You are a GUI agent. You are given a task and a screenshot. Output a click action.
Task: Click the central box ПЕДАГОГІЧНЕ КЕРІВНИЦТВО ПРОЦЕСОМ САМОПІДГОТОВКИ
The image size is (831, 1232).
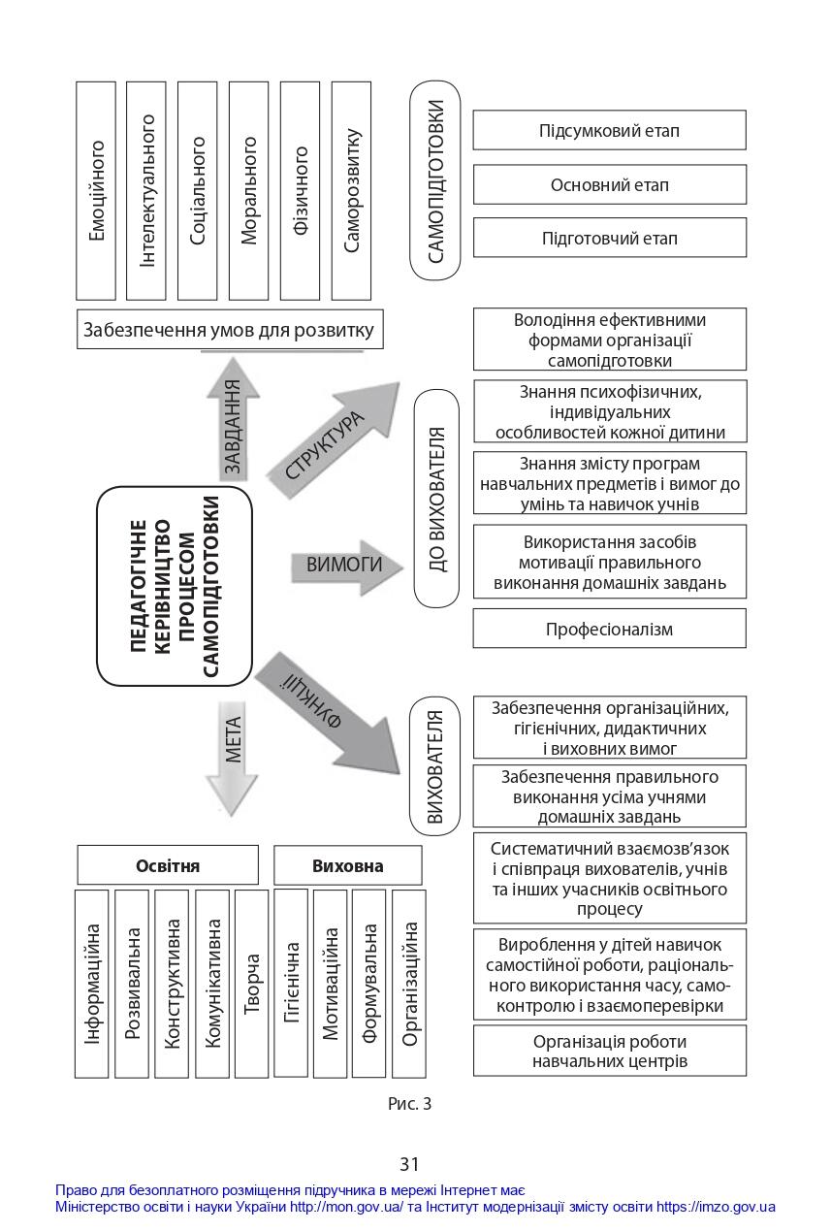175,586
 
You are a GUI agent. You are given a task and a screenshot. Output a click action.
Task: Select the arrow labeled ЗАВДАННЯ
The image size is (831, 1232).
233,420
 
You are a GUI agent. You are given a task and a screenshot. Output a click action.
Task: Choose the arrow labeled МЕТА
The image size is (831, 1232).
232,758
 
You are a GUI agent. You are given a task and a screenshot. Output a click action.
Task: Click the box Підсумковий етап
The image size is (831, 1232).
610,130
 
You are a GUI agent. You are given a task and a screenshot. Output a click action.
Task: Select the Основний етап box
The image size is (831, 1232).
610,184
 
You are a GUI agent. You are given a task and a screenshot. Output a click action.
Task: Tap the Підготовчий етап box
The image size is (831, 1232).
610,238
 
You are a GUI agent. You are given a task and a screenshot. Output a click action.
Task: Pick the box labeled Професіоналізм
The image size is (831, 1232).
610,628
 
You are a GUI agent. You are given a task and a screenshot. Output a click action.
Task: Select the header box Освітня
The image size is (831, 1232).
168,865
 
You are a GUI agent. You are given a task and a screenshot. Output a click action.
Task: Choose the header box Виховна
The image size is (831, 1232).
348,865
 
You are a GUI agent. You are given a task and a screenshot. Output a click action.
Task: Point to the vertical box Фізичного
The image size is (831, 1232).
300,191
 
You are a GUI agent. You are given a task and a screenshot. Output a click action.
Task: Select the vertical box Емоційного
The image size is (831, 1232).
96,191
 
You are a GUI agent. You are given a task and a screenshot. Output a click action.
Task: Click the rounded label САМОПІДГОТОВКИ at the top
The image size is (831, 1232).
435,180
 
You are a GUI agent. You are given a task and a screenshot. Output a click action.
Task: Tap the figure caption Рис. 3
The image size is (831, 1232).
410,1103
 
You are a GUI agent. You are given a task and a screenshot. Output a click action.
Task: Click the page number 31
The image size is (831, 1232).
409,1164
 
